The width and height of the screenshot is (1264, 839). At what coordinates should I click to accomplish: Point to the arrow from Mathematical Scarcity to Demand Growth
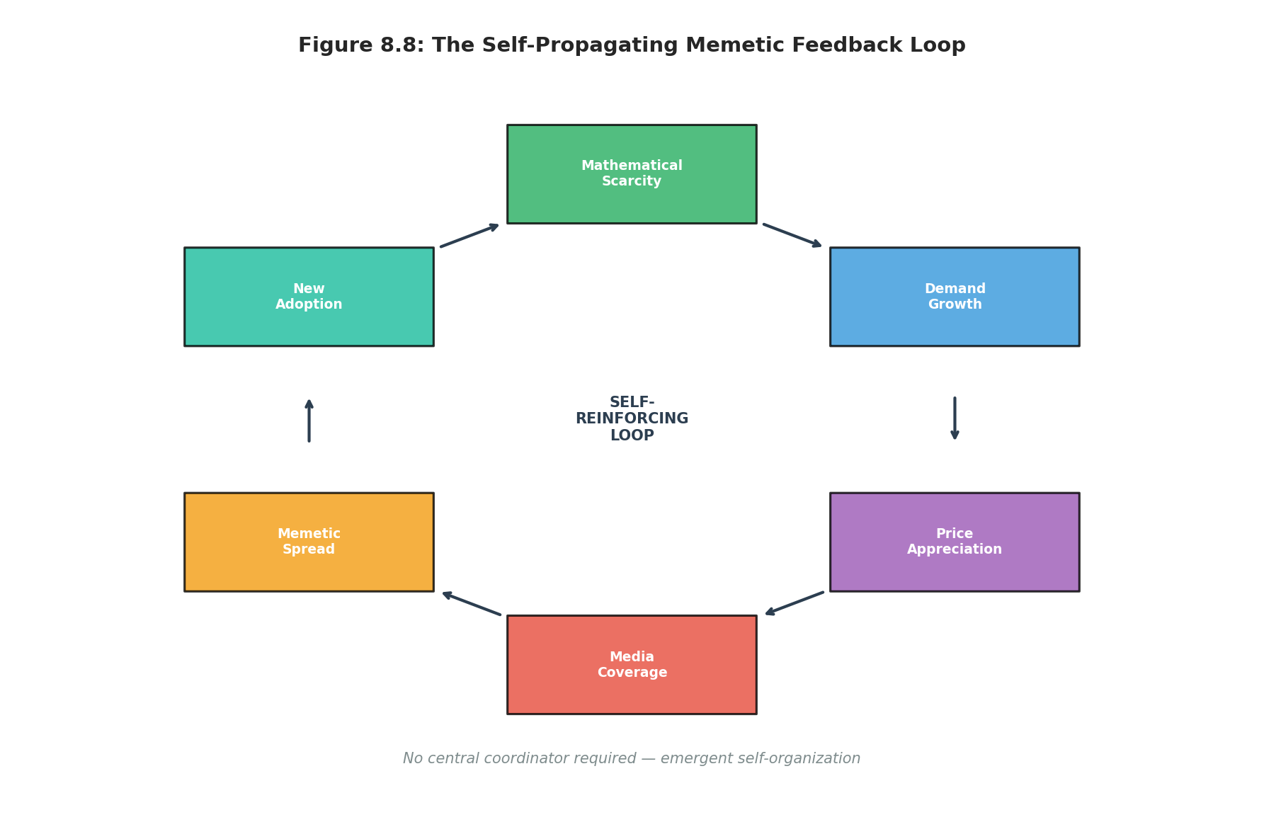tap(792, 235)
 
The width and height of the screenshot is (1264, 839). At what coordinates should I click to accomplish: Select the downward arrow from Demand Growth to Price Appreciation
tap(955, 418)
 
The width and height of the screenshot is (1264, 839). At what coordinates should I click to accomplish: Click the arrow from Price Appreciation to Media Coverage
tap(795, 603)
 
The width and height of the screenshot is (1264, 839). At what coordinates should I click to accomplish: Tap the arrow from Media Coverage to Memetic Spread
tap(472, 603)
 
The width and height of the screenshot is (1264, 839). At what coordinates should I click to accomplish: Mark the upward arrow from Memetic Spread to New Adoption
tap(309, 421)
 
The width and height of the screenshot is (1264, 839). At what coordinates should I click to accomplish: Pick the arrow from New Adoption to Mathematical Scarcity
tap(469, 235)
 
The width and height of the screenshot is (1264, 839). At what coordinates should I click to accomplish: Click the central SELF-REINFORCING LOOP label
tap(632, 419)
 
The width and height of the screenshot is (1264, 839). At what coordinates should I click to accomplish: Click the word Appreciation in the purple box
tap(954, 549)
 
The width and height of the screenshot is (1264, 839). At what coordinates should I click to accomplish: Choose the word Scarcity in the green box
tap(631, 181)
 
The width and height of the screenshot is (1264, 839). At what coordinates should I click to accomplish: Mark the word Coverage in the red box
tap(632, 673)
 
